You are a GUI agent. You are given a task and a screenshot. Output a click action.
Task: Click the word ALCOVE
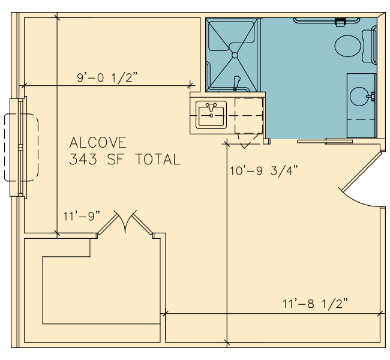[98, 143]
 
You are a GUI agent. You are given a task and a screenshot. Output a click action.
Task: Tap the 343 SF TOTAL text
[125, 160]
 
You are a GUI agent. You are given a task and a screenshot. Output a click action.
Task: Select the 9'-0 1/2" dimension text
[107, 77]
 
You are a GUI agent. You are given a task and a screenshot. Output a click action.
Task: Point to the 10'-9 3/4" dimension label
[263, 170]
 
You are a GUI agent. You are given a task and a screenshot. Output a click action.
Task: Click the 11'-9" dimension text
[82, 216]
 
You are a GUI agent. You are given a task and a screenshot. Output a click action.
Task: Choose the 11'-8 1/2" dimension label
[315, 304]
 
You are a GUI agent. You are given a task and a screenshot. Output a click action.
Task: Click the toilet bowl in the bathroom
[347, 46]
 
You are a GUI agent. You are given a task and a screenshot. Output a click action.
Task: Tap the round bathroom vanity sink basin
[359, 97]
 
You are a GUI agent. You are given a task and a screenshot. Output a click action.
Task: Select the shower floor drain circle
[235, 55]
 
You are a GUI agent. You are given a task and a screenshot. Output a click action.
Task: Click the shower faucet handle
[236, 83]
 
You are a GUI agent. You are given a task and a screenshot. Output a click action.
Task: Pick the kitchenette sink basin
[211, 116]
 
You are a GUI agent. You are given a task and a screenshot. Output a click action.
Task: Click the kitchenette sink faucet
[211, 107]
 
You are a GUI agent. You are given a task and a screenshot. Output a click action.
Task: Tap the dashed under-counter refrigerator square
[249, 116]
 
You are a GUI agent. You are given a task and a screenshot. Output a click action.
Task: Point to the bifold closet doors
[125, 222]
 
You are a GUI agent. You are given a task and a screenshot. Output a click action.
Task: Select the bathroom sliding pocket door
[325, 142]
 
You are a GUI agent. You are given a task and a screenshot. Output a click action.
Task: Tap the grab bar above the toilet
[326, 21]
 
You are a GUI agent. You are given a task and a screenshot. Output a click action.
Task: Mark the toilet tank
[369, 46]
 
